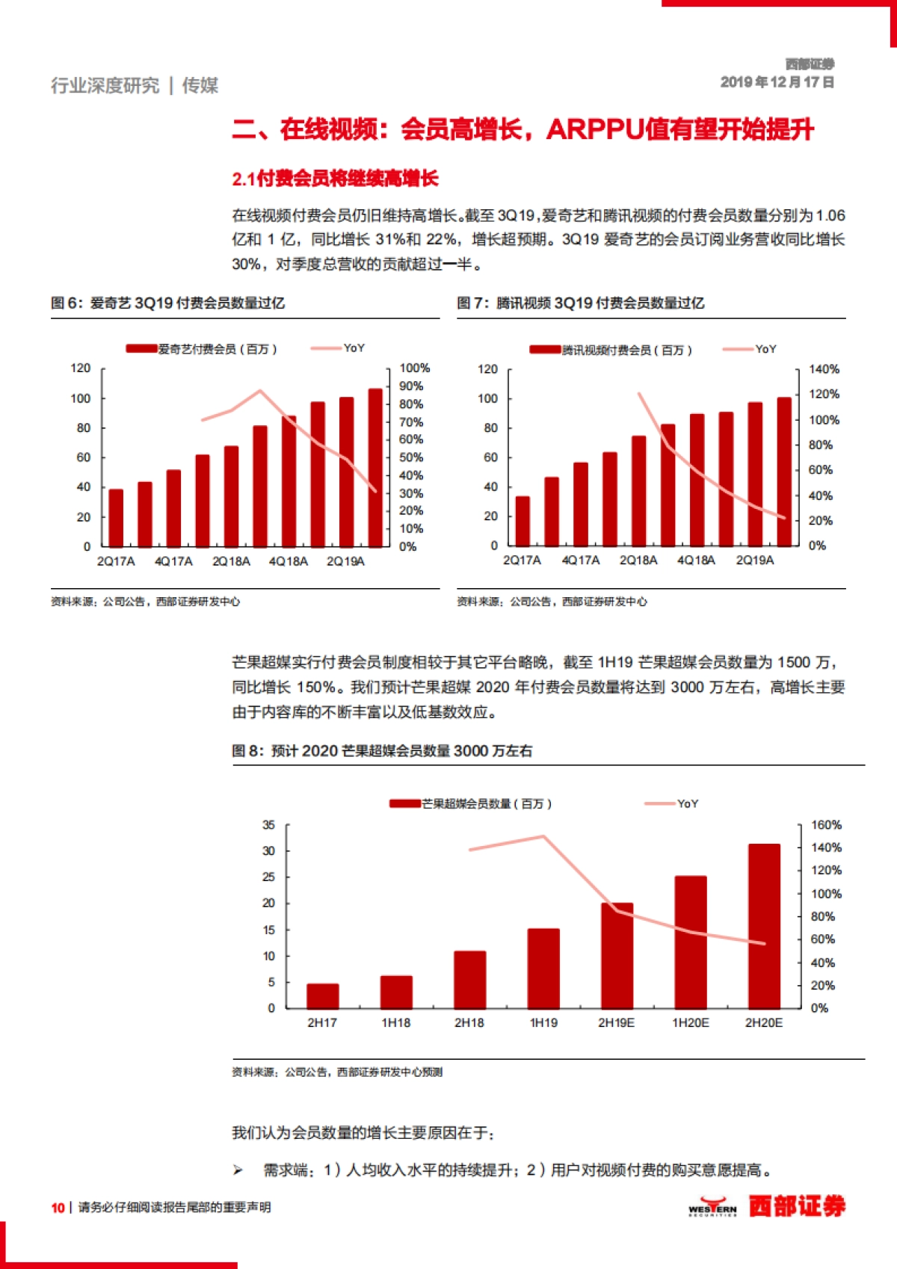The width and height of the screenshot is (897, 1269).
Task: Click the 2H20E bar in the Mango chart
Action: tap(764, 927)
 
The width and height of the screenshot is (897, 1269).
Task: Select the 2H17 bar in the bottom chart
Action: tap(322, 995)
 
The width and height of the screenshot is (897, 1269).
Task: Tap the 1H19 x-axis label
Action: tap(543, 1022)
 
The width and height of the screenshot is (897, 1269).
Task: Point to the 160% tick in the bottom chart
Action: tap(826, 825)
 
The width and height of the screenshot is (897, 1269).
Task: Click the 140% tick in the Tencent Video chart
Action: tap(824, 369)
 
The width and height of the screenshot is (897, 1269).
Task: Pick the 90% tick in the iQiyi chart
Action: tap(411, 386)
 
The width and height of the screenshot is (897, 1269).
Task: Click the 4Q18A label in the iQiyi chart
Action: tap(289, 561)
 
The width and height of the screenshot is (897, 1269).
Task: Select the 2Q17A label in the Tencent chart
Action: tap(522, 561)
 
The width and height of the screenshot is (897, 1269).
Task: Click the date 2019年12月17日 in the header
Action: tap(777, 82)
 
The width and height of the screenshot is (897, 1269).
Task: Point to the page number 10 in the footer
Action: tap(58, 1207)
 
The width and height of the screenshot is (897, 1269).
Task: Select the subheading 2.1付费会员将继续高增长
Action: tap(335, 179)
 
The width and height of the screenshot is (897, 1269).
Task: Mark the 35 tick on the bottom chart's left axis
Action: tap(268, 825)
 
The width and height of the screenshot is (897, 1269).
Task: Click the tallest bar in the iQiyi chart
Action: tap(375, 468)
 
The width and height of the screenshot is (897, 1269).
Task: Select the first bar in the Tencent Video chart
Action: tap(523, 521)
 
